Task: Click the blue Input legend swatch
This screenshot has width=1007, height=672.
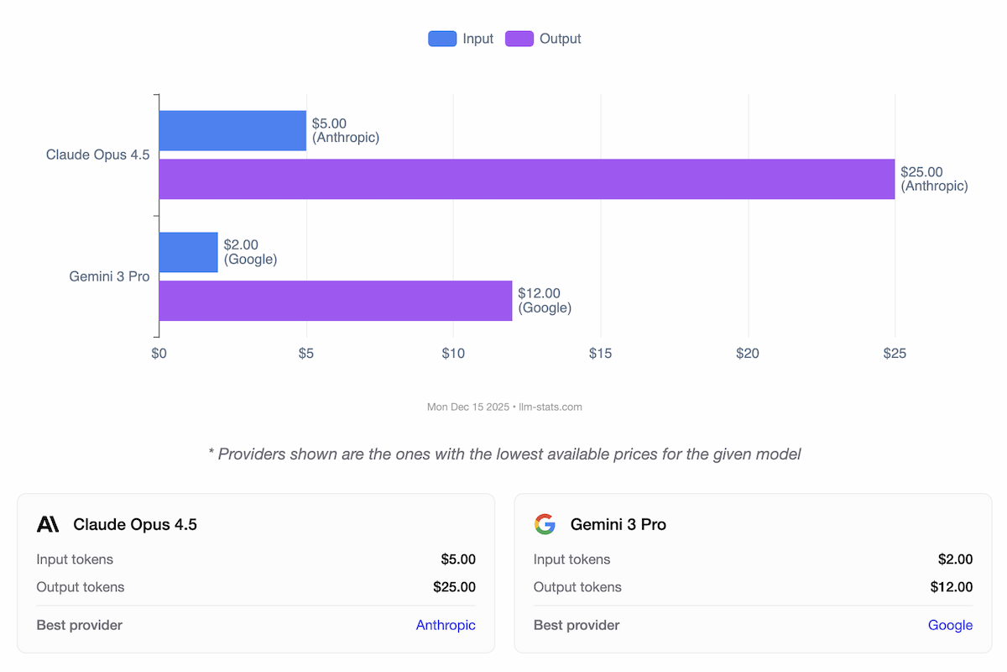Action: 442,39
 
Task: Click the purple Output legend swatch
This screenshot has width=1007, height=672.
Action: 519,39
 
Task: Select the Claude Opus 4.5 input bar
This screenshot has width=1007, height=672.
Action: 232,130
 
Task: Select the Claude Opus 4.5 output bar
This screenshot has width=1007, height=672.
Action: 526,179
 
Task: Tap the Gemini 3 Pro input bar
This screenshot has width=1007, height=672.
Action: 188,252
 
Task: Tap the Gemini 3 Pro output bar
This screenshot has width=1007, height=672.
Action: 335,301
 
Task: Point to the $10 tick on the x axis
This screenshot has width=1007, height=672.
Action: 453,354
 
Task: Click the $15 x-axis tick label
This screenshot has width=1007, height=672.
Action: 600,354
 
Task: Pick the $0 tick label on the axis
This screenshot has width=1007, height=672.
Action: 159,354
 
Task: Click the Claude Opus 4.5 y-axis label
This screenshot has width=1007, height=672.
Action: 97,155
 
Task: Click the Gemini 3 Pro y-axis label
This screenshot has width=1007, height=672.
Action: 109,276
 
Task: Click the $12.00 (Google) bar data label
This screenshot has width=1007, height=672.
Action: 545,301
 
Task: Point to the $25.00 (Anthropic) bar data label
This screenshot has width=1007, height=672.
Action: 934,179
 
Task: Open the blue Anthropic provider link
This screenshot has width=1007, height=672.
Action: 446,625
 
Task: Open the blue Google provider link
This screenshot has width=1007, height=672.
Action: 950,625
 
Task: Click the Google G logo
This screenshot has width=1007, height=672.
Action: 545,524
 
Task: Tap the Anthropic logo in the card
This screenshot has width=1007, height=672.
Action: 48,524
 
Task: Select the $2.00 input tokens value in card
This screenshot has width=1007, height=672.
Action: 955,559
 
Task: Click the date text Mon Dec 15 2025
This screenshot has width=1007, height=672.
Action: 468,407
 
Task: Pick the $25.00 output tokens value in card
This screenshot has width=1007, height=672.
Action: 454,587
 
